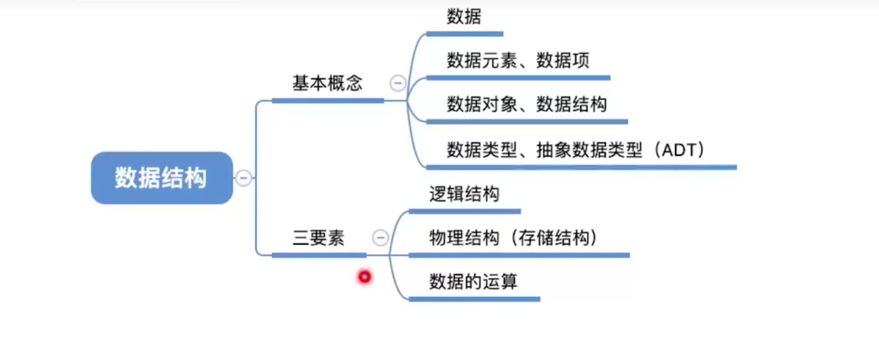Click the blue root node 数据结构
tap(161, 178)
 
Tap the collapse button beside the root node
tap(244, 178)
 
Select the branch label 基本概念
tap(327, 83)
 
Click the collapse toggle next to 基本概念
tap(398, 83)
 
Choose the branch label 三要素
tap(319, 237)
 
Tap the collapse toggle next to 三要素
tap(380, 237)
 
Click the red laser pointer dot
tap(364, 277)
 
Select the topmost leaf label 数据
tap(464, 16)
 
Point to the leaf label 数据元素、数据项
tap(518, 60)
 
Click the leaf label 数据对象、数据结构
tap(527, 104)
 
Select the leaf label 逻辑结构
tap(464, 194)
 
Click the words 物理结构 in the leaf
tap(464, 237)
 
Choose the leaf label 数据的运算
tap(473, 281)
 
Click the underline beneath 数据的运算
tap(474, 299)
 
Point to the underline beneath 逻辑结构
tap(464, 211)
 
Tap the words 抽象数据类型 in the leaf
tap(589, 150)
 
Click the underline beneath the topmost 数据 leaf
tap(464, 34)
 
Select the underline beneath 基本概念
tap(327, 101)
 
